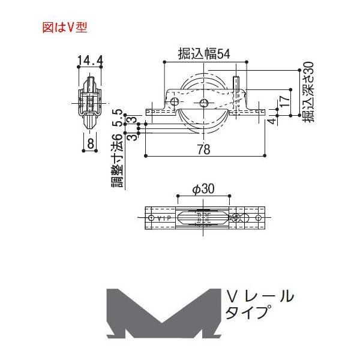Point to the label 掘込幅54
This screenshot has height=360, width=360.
204,54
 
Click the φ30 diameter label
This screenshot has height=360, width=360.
203,189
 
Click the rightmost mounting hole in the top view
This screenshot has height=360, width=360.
259,217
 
